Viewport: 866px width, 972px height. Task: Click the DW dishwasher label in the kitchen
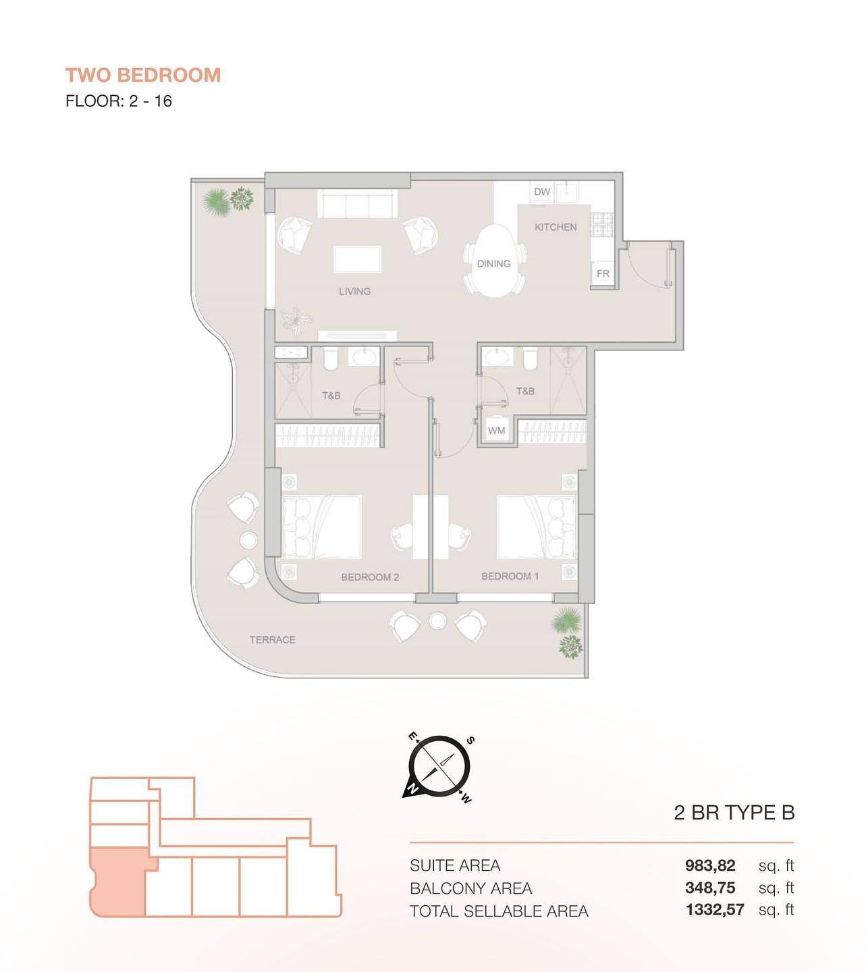point(541,192)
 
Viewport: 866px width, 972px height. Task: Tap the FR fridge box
point(603,274)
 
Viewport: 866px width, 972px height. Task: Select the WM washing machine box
point(497,431)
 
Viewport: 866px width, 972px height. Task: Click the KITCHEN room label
point(556,227)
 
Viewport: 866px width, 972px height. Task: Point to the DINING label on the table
point(493,264)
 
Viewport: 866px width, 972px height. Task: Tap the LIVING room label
point(354,291)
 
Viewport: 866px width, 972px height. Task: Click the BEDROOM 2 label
point(370,577)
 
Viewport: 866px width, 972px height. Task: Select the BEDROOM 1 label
point(510,576)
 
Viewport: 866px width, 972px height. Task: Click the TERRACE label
point(273,639)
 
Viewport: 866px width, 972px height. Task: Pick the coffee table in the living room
point(358,259)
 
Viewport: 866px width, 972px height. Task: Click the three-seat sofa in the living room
point(358,203)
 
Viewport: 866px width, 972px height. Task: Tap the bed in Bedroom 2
point(321,527)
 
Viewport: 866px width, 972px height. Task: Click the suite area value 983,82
point(710,865)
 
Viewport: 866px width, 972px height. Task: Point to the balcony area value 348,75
point(710,888)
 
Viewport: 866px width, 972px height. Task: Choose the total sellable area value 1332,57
point(715,910)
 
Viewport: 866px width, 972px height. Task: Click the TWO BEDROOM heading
point(143,76)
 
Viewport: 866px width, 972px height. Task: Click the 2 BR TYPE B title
point(734,813)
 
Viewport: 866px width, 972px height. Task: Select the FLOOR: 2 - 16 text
point(119,101)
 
